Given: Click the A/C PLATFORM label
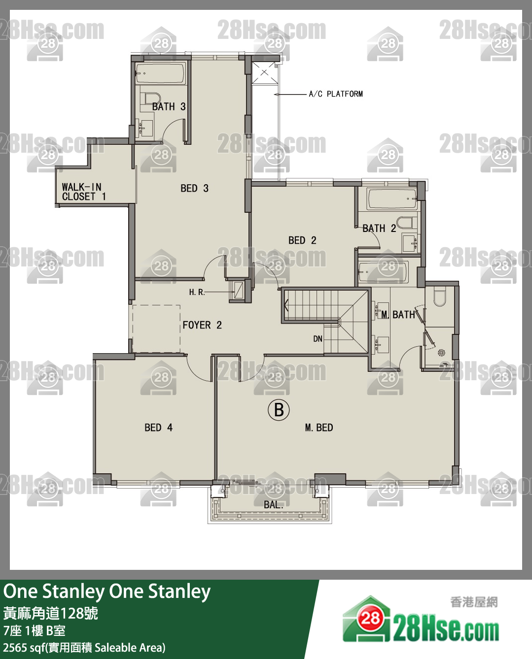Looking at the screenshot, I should tap(335, 94).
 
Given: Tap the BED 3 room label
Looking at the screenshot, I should tap(194, 188).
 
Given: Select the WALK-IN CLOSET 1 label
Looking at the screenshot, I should tap(83, 192).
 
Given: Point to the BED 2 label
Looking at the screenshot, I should tap(302, 240).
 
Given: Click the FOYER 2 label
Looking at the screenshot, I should tap(202, 325).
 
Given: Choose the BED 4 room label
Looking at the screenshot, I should tap(158, 428).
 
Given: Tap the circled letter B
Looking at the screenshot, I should tap(279, 410).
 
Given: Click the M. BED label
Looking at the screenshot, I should tap(319, 428).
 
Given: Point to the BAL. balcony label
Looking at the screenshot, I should tap(273, 505).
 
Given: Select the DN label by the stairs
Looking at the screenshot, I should tap(318, 339).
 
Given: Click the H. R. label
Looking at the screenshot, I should tap(197, 292).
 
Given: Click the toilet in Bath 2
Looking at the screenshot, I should tap(406, 223).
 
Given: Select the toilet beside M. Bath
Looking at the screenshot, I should tap(439, 297).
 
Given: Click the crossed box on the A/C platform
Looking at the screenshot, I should tap(264, 73).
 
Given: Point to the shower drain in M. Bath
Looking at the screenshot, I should tap(441, 352).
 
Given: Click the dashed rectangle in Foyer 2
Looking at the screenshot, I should tap(156, 329).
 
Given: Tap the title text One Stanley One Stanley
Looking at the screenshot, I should tap(107, 592).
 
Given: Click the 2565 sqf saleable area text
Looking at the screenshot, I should tap(84, 647).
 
